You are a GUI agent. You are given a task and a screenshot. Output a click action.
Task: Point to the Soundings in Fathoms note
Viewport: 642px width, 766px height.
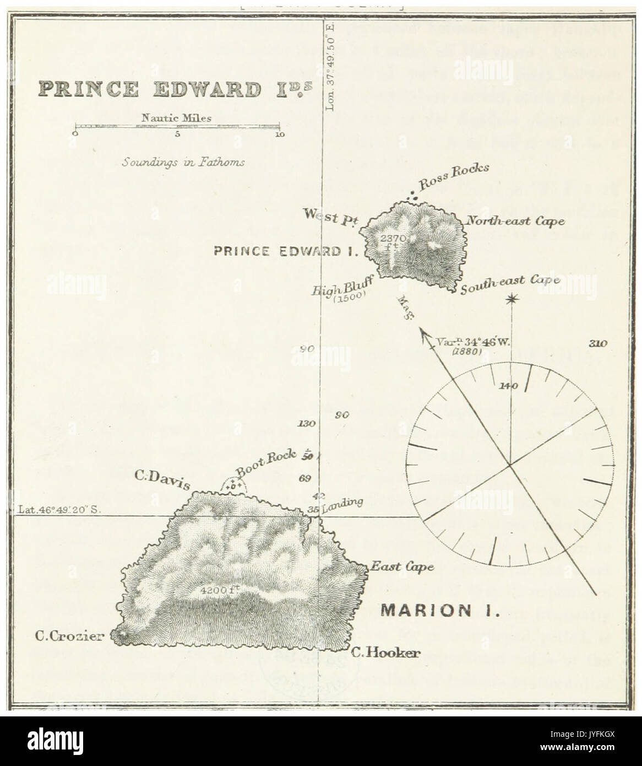click(184, 163)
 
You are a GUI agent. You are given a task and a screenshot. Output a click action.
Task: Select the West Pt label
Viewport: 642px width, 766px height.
click(326, 217)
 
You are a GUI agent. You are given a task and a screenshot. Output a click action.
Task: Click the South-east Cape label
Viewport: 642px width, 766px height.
click(510, 284)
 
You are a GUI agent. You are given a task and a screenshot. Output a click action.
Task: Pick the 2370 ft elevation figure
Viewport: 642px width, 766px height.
click(393, 240)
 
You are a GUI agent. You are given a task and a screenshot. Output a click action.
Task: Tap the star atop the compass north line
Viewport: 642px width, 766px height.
click(512, 299)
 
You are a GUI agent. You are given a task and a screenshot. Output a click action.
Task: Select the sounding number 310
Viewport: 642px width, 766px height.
click(597, 344)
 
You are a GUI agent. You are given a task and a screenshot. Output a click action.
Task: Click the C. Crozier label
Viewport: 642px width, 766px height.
click(69, 636)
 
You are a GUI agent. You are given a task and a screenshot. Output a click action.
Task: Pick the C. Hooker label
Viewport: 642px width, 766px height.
click(385, 654)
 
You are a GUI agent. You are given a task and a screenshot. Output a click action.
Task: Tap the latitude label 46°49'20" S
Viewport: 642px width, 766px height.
click(61, 510)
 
